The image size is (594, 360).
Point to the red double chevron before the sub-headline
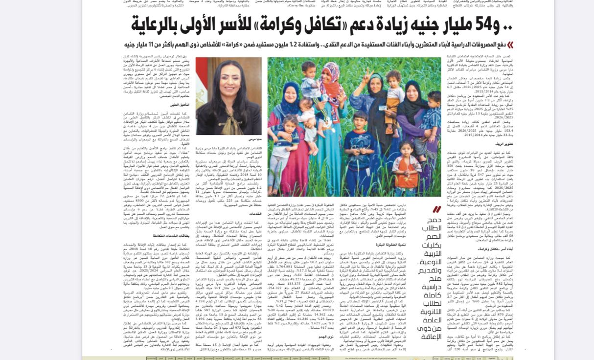click(509, 45)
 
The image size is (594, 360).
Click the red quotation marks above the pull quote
click(436, 210)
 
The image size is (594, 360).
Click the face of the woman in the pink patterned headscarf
click(331, 74)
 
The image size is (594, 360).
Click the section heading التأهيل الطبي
click(180, 105)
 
